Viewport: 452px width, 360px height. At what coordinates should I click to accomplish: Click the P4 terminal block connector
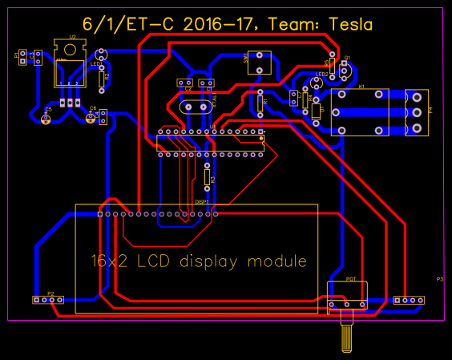417,112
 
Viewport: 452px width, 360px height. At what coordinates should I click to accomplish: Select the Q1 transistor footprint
345,70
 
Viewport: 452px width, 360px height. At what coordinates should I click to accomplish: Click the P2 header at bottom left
48,300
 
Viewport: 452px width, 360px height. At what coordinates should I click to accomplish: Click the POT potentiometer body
347,297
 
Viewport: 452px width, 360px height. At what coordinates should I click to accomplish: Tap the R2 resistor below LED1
101,76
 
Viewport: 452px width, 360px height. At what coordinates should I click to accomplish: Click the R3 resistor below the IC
207,175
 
